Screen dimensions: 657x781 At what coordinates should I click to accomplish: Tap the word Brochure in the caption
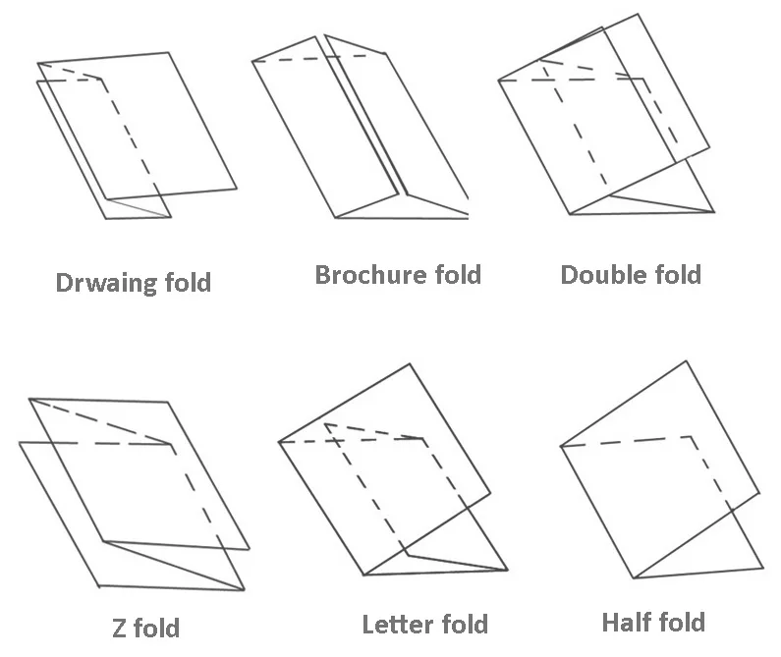[360, 274]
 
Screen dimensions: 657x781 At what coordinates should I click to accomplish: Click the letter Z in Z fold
[121, 626]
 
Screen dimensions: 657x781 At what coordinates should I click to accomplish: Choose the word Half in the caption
[626, 622]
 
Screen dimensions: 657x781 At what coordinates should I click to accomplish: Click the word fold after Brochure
[447, 274]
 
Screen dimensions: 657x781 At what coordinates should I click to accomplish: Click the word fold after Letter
[463, 625]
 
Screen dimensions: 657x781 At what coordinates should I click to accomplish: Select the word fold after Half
[681, 622]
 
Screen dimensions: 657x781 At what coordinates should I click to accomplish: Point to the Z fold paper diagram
[133, 491]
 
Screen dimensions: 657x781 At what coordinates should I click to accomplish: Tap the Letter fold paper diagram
[393, 471]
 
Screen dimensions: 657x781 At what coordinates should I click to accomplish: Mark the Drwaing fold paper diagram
[138, 133]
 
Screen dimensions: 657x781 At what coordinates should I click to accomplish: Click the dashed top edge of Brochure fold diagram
[316, 58]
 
